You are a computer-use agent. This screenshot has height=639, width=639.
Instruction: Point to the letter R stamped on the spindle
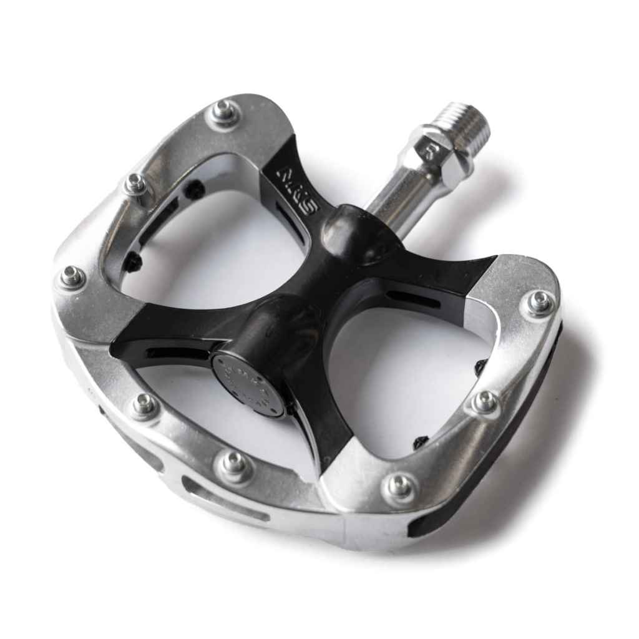[446, 152]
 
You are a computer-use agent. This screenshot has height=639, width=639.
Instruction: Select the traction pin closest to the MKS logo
[227, 112]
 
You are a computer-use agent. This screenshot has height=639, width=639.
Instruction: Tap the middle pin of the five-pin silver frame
[71, 276]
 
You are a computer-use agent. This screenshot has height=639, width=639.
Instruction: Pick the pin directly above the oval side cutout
[234, 463]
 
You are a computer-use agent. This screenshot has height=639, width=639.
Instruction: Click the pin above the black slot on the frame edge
[399, 485]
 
